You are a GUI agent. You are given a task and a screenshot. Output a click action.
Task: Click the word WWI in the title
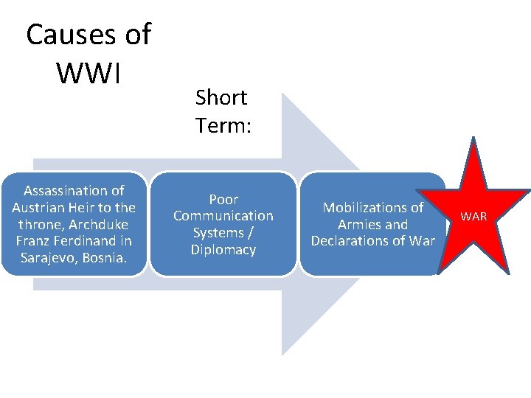tap(88, 72)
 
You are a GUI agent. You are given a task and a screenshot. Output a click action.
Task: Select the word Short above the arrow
tap(221, 97)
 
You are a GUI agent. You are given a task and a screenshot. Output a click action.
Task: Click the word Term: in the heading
tap(223, 126)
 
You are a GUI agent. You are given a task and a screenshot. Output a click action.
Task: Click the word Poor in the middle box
tap(223, 199)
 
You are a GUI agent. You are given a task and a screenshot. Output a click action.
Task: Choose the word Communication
tap(223, 216)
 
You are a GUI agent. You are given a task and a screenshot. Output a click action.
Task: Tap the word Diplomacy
tap(223, 250)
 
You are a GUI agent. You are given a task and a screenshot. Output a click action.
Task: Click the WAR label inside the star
tap(473, 217)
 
